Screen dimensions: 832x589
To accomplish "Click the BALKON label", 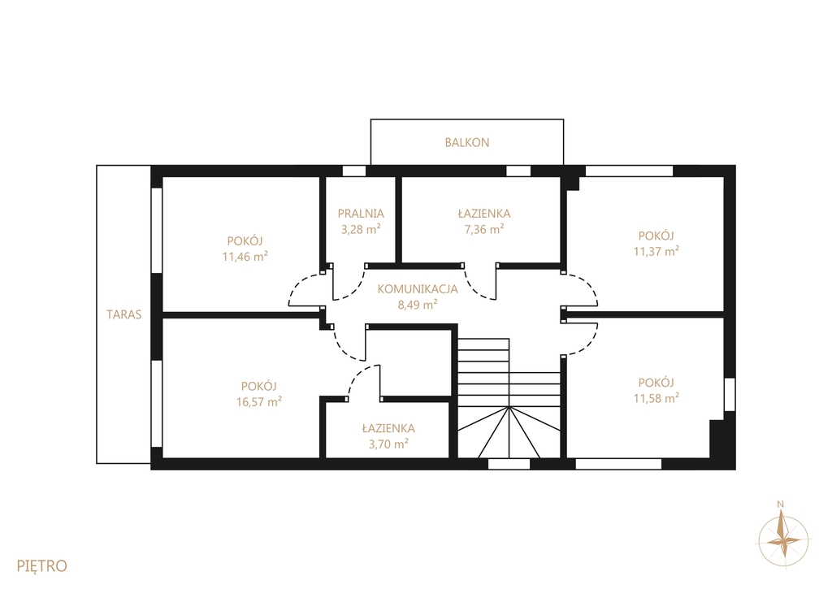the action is (x=467, y=142).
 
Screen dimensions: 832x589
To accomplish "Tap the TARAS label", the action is (x=124, y=314).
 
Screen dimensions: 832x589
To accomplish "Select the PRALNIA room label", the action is (x=361, y=214).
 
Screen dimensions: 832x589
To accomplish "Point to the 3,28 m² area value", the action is (x=361, y=229).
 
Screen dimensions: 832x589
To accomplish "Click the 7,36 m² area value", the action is (x=484, y=229).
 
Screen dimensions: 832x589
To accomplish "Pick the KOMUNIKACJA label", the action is (x=418, y=288).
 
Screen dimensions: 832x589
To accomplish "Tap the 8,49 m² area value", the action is (x=418, y=305).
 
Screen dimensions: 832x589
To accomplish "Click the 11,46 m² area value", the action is (x=245, y=257).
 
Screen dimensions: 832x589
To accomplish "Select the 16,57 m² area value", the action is (x=259, y=401).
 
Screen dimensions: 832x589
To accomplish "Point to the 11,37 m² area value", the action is (x=656, y=251).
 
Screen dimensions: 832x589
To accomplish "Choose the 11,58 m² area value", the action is (x=656, y=398).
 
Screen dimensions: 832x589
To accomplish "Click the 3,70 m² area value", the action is (x=388, y=444).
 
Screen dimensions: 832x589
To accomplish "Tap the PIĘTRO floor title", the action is (x=42, y=565).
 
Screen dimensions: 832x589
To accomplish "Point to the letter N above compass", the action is (x=780, y=504).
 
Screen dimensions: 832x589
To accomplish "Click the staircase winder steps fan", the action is (x=509, y=432).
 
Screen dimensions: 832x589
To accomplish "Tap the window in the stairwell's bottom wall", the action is (x=509, y=464).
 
